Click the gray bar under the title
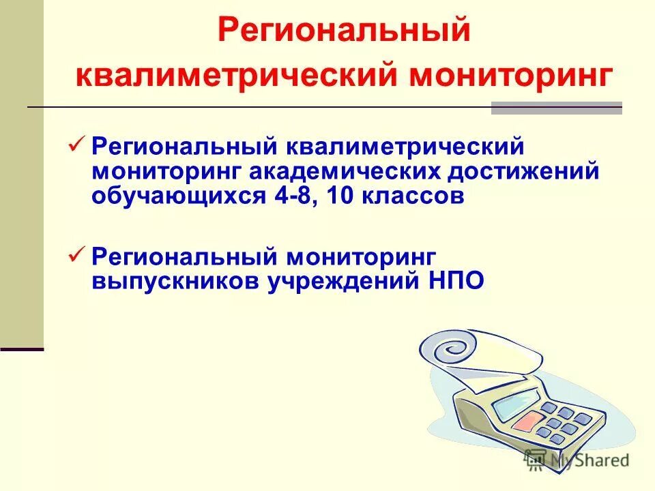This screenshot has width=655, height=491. [557, 108]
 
